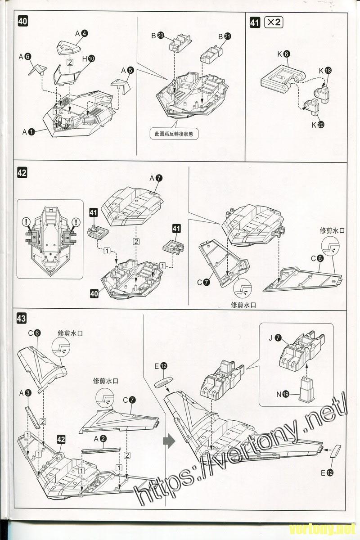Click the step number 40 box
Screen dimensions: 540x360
pos(22,22)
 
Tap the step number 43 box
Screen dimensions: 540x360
pos(21,318)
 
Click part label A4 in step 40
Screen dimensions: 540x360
pos(81,33)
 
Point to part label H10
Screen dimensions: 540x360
pos(88,58)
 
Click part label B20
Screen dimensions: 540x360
pos(157,36)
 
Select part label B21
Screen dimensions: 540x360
pos(224,36)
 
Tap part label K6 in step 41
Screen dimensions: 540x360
pos(283,54)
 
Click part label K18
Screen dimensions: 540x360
pos(324,71)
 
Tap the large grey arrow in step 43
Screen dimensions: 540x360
pos(168,441)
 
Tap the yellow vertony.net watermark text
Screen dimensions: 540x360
pos(322,527)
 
